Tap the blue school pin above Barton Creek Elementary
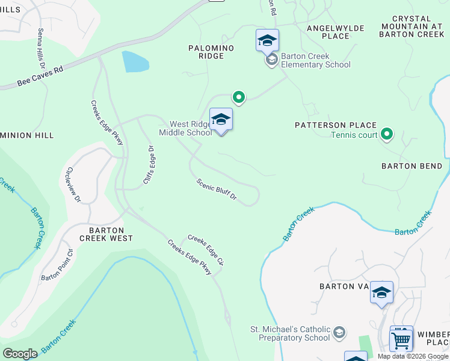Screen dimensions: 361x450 pos(267,40)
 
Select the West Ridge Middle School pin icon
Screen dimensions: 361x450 pos(221,120)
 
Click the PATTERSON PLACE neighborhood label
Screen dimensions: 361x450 pos(335,125)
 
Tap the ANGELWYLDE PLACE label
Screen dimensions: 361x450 pos(328,32)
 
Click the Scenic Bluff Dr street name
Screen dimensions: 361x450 pos(217,189)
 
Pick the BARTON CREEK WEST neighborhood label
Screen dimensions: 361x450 pos(111,234)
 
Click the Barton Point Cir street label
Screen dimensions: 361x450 pos(57,264)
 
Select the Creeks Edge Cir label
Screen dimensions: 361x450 pos(206,250)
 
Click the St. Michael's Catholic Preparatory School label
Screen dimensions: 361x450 pos(290,333)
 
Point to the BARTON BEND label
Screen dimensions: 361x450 pos(412,166)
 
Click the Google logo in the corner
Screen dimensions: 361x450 pos(20,354)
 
